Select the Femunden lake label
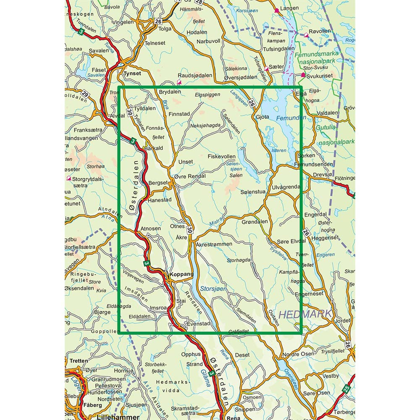tap(291, 118)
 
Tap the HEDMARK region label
tap(305, 314)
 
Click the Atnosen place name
tap(150, 228)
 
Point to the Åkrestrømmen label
tap(214, 244)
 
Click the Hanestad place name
tap(159, 200)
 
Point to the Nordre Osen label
tap(297, 354)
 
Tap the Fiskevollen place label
tap(222, 156)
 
